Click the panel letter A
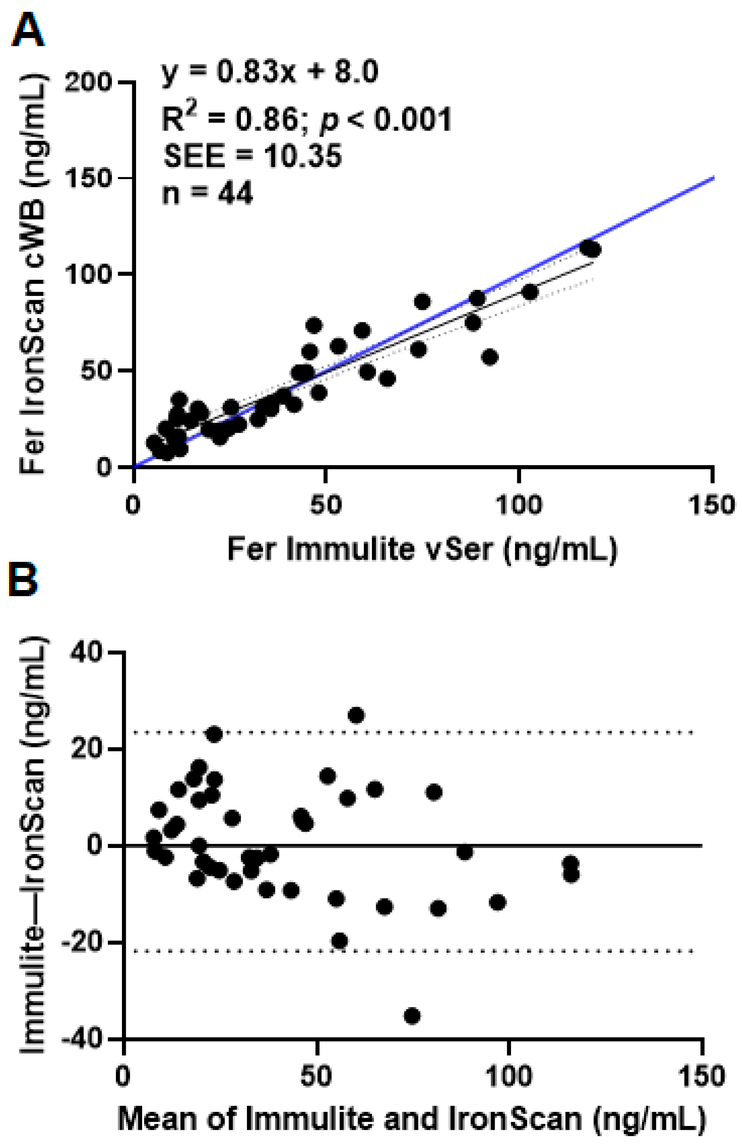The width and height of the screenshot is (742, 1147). point(27,30)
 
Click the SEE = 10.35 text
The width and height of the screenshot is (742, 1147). point(252,156)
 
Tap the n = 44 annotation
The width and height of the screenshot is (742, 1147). point(207,194)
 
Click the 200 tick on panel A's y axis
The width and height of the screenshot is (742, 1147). point(88,83)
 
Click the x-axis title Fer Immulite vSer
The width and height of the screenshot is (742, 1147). point(422,549)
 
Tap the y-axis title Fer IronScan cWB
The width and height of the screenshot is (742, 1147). point(33,275)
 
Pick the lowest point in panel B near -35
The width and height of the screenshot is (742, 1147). point(412,1016)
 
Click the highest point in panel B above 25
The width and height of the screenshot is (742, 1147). point(356,715)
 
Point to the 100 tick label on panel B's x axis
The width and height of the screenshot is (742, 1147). point(508,1076)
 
